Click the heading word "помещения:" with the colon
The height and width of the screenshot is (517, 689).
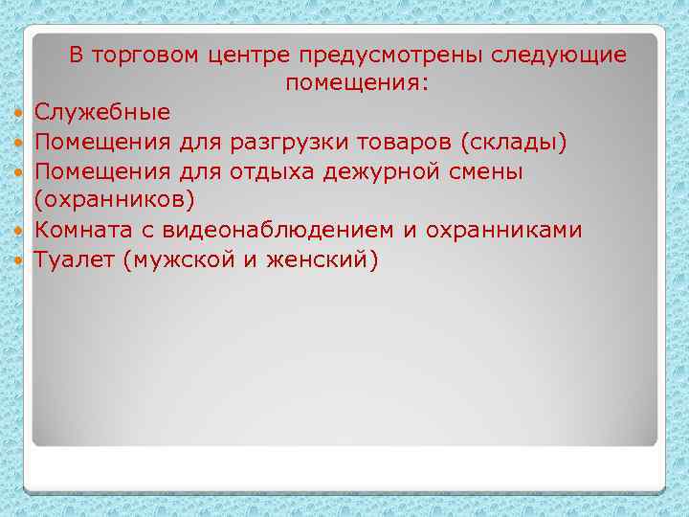358,84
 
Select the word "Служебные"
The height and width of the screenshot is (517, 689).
102,113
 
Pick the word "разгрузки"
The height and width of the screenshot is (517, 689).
278,143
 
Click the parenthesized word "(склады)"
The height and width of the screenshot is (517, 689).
515,143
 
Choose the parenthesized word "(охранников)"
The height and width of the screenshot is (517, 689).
115,201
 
